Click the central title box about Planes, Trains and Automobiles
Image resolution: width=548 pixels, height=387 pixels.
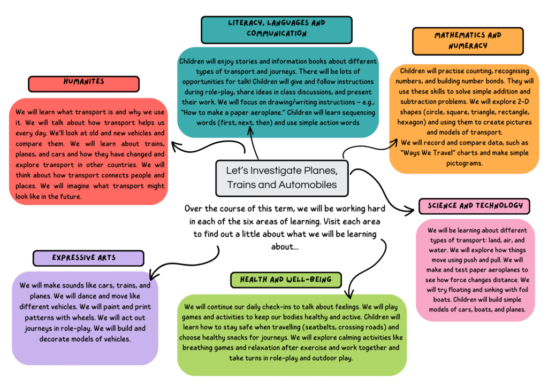coord(282,178)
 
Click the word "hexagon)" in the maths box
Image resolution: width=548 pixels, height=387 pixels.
coord(413,122)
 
